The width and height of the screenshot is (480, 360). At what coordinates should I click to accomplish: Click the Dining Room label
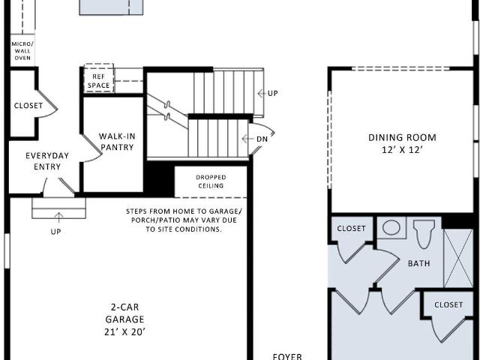(402, 137)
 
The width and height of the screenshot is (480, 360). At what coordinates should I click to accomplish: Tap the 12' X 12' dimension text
(402, 150)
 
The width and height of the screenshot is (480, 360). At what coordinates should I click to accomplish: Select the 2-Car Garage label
(124, 313)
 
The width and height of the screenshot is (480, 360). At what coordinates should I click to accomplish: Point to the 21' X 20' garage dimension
(124, 331)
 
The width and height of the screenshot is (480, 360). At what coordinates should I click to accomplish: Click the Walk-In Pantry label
(117, 142)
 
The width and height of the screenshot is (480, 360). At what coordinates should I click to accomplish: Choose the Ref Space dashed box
(98, 78)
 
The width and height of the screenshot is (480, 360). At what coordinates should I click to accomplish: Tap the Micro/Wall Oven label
(22, 51)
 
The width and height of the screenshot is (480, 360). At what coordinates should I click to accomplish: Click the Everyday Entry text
(47, 161)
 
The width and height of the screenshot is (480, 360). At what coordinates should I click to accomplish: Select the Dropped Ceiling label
(211, 181)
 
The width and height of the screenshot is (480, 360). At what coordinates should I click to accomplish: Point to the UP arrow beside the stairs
(261, 93)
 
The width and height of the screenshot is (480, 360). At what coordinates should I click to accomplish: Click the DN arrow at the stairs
(247, 139)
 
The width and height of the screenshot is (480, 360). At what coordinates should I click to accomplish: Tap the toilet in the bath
(424, 234)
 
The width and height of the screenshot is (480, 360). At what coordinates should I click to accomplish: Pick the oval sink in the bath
(391, 228)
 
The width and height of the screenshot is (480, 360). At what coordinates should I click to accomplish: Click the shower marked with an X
(458, 258)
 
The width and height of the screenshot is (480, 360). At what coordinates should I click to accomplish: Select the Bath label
(418, 263)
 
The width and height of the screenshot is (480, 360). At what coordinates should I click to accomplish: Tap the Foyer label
(287, 357)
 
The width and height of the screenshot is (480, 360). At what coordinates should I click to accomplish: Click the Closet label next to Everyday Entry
(28, 106)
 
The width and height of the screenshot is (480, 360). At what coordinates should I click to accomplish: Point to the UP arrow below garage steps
(58, 217)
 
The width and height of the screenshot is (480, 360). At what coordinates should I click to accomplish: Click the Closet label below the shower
(448, 304)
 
